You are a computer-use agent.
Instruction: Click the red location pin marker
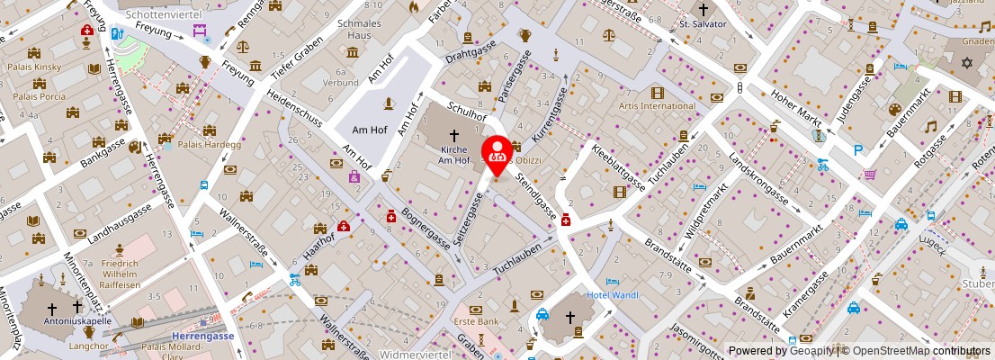[497, 151]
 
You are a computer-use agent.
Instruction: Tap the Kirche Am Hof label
[454, 154]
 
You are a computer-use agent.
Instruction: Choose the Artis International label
[657, 106]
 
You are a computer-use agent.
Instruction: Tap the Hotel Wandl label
[612, 295]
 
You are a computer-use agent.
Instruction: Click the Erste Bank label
[475, 321]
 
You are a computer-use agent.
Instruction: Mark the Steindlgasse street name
[534, 193]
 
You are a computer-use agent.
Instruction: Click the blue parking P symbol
[857, 151]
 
